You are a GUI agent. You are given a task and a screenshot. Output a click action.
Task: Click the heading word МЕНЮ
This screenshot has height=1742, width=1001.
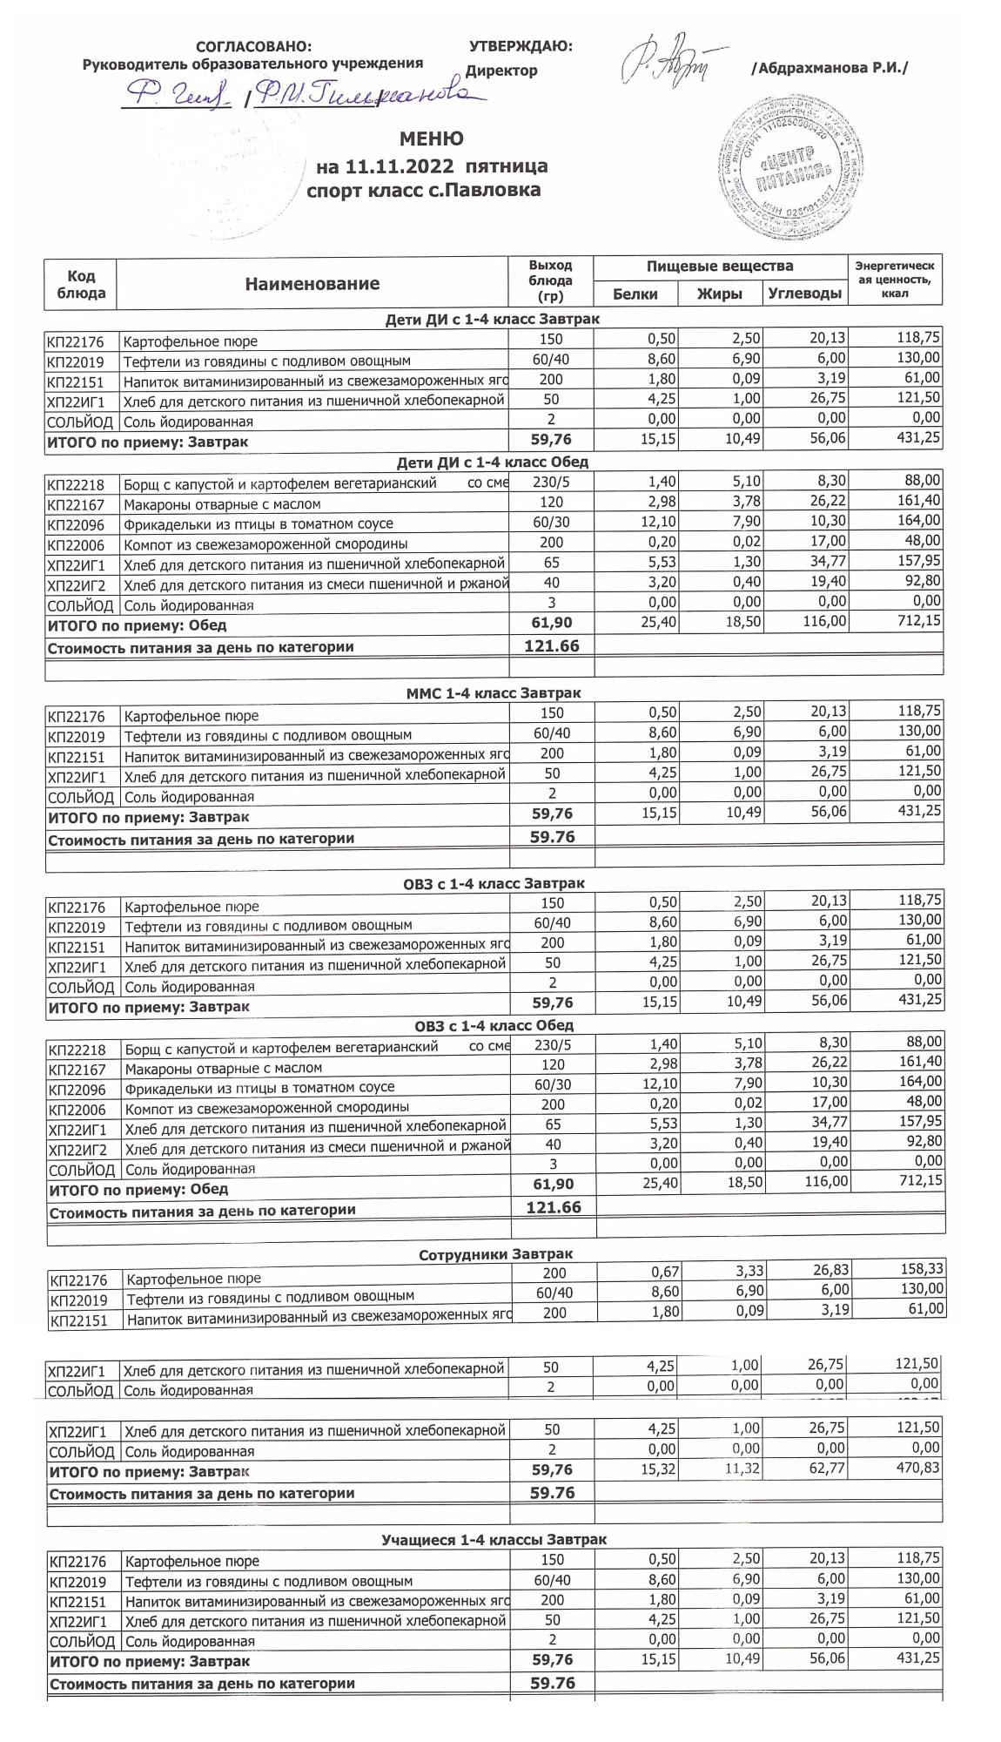point(431,138)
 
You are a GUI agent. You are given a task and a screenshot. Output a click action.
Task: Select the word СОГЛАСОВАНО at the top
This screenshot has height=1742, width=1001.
point(253,46)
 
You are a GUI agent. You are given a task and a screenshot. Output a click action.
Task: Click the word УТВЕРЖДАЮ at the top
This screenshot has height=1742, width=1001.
point(520,46)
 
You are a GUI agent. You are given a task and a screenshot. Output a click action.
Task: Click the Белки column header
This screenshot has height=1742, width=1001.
point(635,294)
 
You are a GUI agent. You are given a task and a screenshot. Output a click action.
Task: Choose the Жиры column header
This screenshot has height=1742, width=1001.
point(720,294)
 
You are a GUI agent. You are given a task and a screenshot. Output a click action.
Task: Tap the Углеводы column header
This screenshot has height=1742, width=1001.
point(805,294)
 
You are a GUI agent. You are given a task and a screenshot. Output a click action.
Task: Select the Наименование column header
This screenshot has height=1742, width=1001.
point(312,283)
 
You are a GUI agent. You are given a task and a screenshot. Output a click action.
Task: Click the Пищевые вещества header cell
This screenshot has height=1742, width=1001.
point(720,266)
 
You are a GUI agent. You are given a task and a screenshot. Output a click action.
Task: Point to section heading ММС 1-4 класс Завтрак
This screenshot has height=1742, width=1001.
point(494,693)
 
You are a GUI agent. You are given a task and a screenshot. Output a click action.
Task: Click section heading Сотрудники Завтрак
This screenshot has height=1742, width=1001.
point(495,1254)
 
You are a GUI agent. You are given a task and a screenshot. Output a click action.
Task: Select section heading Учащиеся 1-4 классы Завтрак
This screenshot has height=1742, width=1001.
point(494,1540)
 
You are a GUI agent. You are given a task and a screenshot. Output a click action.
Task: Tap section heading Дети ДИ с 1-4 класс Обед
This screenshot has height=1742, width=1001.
point(493,462)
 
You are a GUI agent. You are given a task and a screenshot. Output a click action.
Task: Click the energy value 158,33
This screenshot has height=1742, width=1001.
point(920,1269)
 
